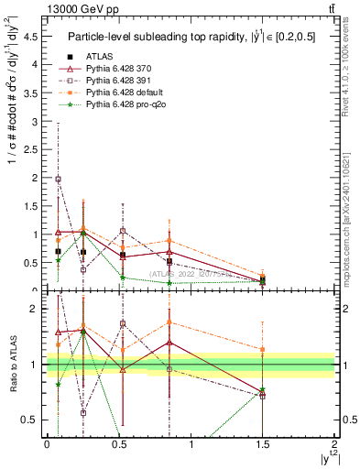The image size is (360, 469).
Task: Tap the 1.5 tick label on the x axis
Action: [263, 444]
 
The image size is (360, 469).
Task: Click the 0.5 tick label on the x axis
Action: [119, 444]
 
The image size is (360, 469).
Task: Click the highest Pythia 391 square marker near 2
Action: [59, 180]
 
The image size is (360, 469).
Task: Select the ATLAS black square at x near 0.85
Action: [169, 262]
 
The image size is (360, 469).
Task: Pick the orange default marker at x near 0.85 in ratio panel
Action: [169, 322]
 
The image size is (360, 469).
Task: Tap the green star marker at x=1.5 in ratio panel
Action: [263, 390]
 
